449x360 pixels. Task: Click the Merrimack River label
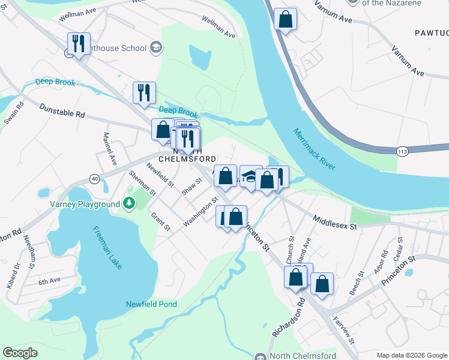click(x=315, y=148)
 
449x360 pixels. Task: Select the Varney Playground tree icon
click(x=128, y=204)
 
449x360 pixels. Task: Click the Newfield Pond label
click(x=151, y=304)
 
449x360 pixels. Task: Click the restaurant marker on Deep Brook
click(x=144, y=92)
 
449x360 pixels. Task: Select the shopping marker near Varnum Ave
click(x=286, y=19)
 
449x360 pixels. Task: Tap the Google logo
click(x=20, y=353)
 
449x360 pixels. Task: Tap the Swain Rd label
click(x=13, y=113)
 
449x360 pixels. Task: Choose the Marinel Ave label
click(x=109, y=149)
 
